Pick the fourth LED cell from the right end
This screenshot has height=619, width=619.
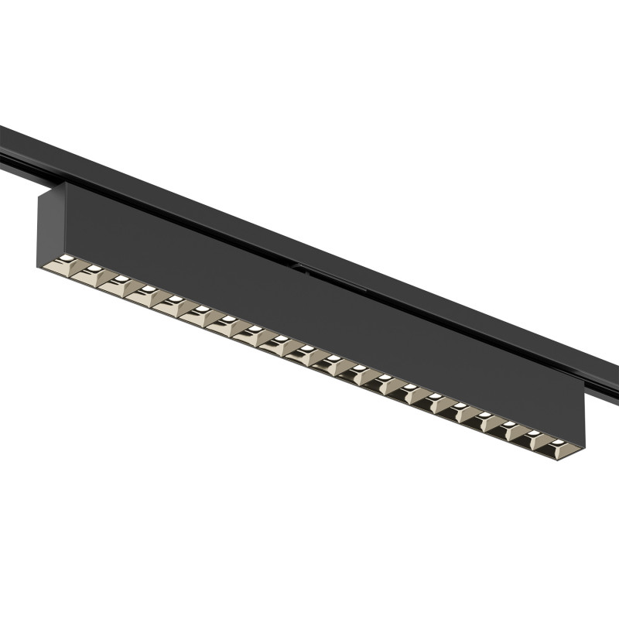pyautogui.click(x=489, y=419)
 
